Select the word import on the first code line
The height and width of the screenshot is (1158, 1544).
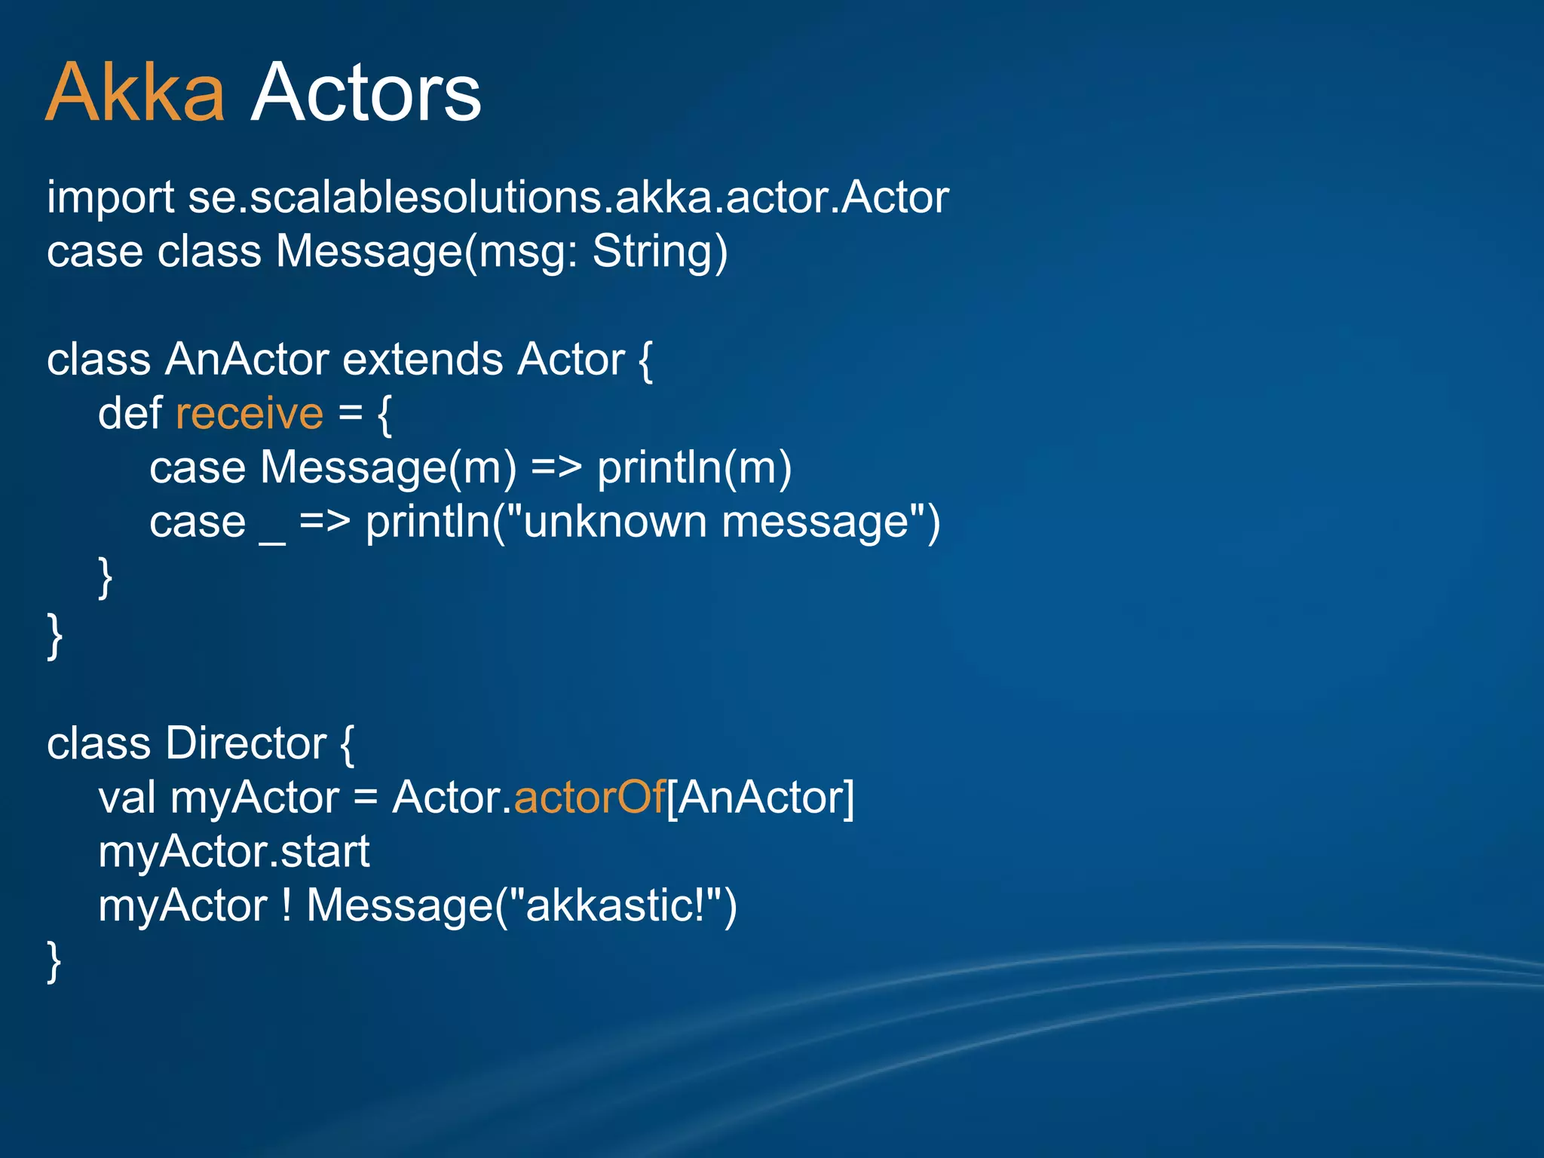point(111,198)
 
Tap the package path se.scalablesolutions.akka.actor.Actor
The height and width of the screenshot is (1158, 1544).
point(568,198)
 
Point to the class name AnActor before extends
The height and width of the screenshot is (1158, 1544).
point(247,360)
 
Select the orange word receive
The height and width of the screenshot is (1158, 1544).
point(250,414)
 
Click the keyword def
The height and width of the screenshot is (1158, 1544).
point(130,414)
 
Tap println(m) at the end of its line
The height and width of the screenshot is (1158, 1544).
point(694,468)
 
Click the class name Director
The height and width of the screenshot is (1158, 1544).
point(246,744)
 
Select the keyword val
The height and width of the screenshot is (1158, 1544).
point(127,798)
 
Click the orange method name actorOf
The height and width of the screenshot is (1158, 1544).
point(589,798)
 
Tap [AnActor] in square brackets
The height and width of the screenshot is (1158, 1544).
point(761,798)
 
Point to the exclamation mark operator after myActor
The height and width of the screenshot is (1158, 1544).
point(286,905)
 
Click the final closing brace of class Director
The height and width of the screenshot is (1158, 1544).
point(54,961)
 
